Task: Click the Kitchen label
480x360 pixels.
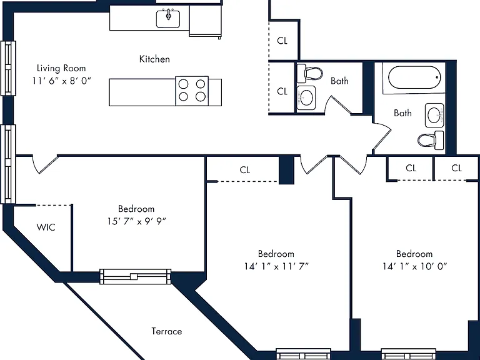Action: tap(154, 59)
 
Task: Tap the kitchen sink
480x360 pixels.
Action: tap(168, 19)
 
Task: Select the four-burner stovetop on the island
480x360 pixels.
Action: tap(192, 91)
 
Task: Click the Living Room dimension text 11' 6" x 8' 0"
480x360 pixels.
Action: tap(62, 81)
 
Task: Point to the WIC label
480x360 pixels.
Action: tap(46, 227)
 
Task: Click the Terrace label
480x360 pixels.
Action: tap(166, 331)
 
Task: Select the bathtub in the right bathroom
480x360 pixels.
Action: tap(414, 77)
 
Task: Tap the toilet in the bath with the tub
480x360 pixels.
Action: tap(431, 140)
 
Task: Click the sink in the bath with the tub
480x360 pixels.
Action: tap(434, 116)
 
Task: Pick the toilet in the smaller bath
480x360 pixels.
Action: tap(310, 74)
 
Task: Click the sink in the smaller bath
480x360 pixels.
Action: tap(306, 98)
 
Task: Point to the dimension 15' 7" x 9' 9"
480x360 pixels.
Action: tap(136, 221)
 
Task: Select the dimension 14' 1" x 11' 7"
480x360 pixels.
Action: tap(276, 266)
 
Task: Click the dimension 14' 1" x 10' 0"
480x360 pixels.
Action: tap(414, 266)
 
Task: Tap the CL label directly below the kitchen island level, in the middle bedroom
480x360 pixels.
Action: tap(244, 170)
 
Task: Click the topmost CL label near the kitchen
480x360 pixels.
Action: tap(282, 41)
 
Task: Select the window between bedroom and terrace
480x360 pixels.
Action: tap(135, 276)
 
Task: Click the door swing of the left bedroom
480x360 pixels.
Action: tap(45, 165)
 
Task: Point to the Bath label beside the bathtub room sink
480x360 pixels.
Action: tap(402, 113)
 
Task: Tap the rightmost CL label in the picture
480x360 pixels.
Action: tap(456, 168)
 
